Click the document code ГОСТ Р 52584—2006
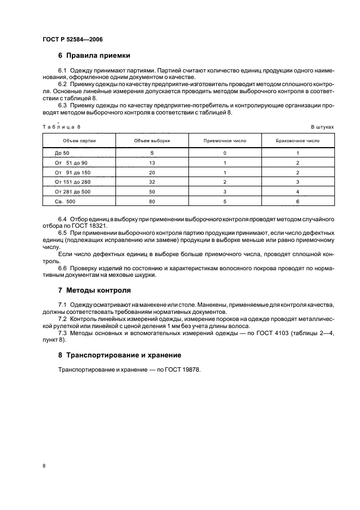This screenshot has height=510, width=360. pos(72,40)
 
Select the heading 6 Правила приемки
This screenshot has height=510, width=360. pos(94,56)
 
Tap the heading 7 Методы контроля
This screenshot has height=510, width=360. pos(94,290)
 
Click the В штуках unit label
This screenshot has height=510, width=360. pos(322,126)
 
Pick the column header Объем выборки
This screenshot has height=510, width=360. pos(152,141)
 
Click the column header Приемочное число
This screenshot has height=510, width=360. pos(225,141)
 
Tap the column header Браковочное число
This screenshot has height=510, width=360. pos(298,141)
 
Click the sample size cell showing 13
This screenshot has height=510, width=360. pos(152,163)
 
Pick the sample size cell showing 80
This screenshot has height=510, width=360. pos(152,201)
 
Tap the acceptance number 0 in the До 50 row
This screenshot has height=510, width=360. pos(225,153)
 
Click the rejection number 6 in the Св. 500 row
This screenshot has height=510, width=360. pos(298,201)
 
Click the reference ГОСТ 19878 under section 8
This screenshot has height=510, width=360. pos(182,370)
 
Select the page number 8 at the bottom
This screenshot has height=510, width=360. pos(44,466)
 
